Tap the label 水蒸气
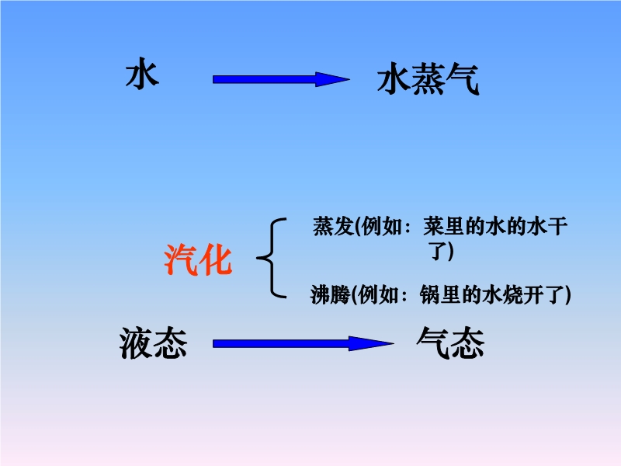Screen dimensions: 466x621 tap(428, 79)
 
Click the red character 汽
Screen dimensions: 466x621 tap(181, 260)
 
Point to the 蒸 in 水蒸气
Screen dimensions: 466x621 tap(428, 79)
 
